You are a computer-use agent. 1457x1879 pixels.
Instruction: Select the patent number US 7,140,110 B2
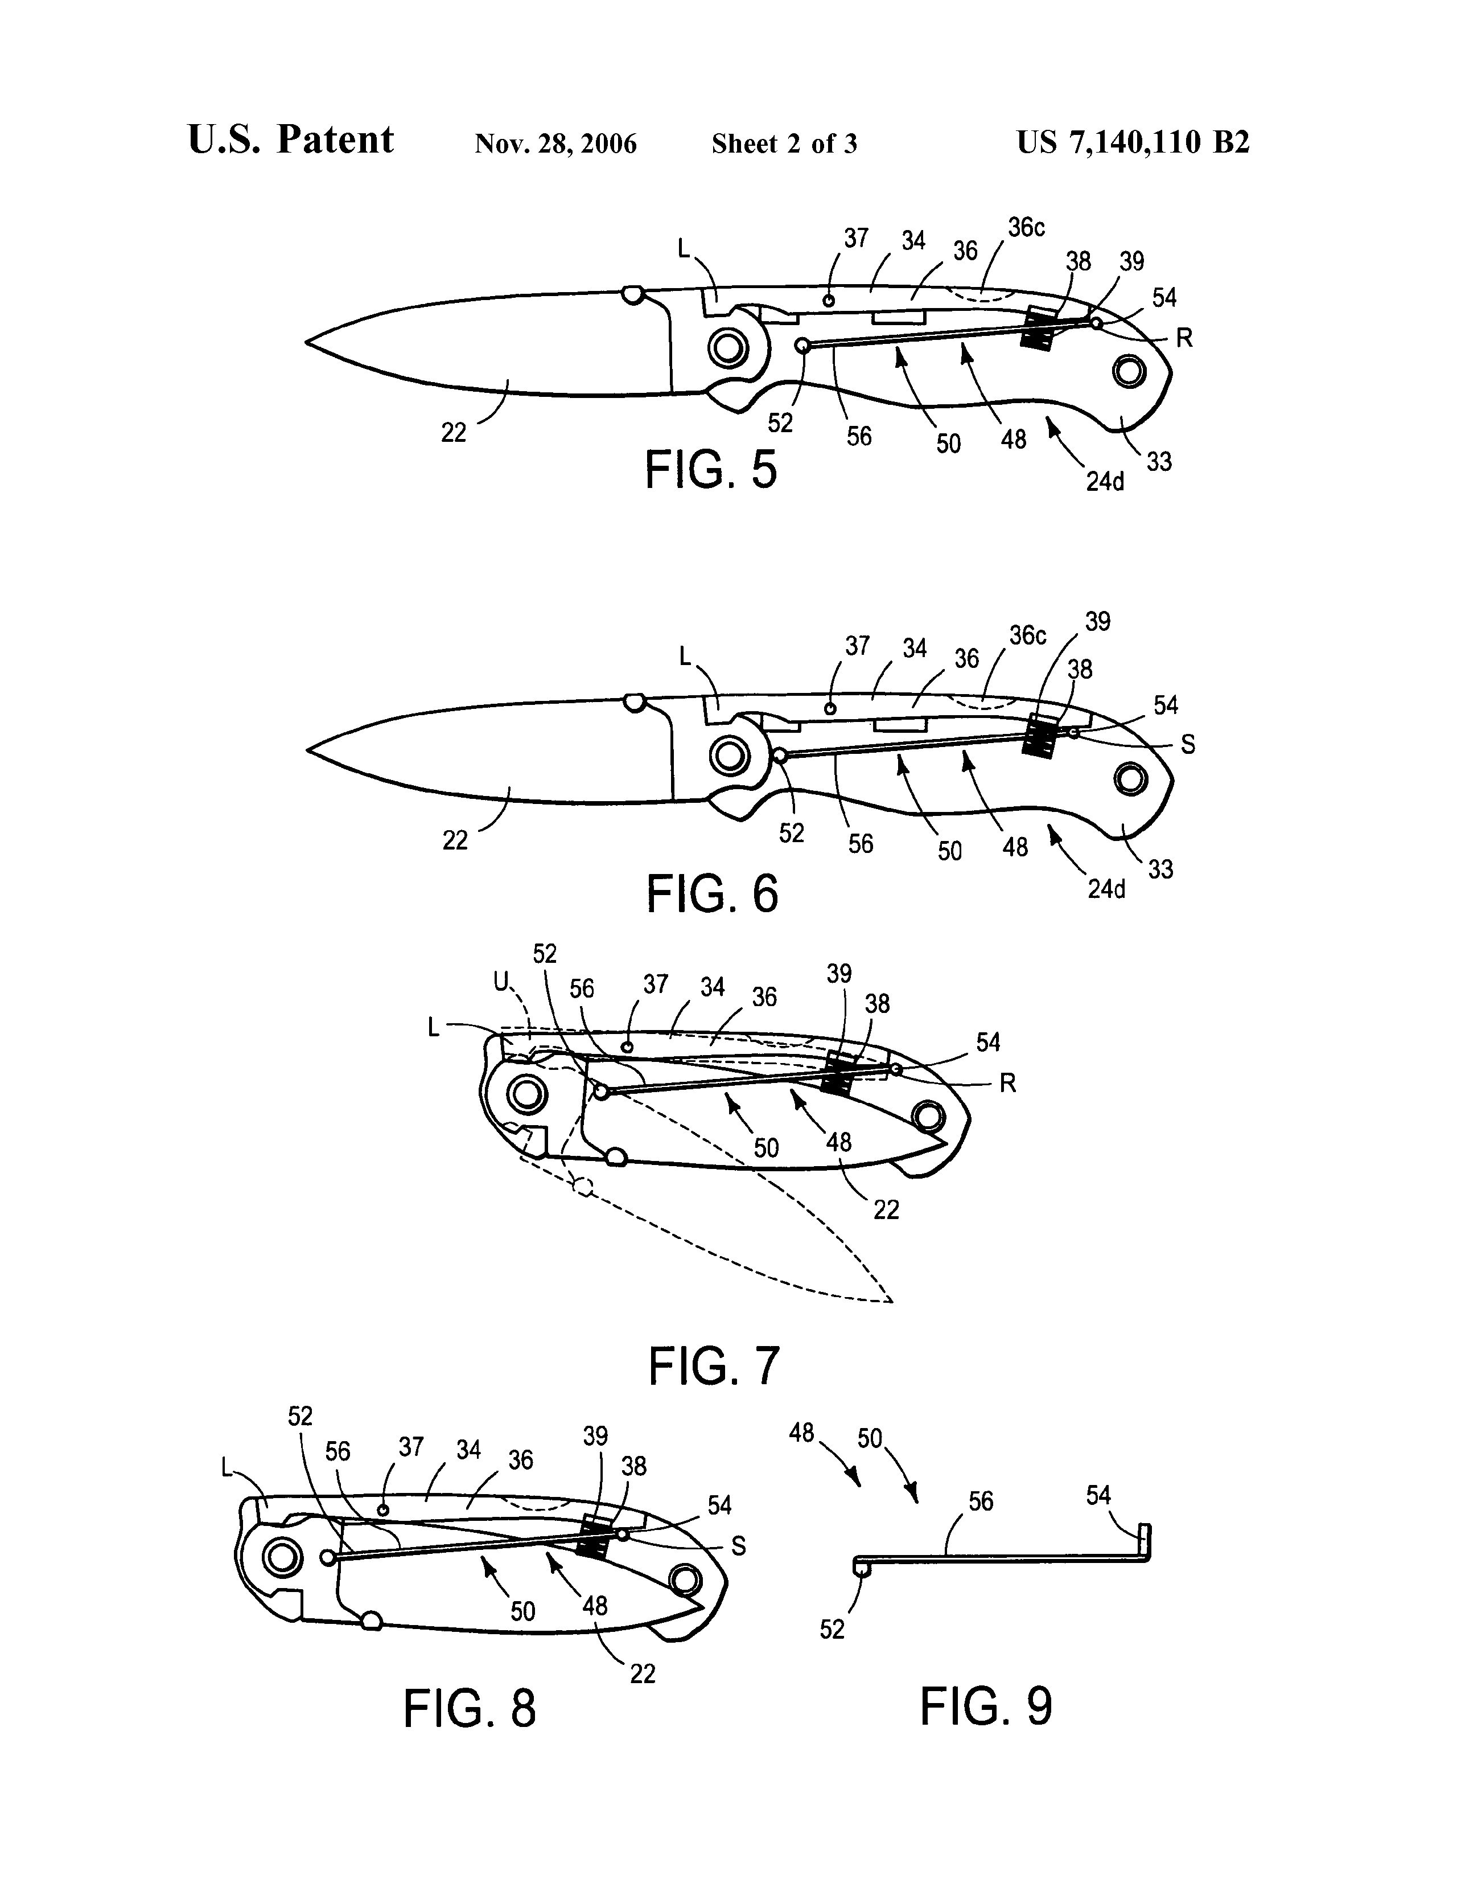1133,142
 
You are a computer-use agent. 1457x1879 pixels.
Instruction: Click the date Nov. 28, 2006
555,143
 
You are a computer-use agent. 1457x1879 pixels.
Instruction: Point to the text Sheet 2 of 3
784,143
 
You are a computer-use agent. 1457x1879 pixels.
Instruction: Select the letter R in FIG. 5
1184,339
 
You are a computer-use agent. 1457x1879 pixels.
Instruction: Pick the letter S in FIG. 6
1188,745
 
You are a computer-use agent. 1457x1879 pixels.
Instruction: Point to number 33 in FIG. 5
1159,461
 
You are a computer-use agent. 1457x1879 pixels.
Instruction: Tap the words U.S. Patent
291,140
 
